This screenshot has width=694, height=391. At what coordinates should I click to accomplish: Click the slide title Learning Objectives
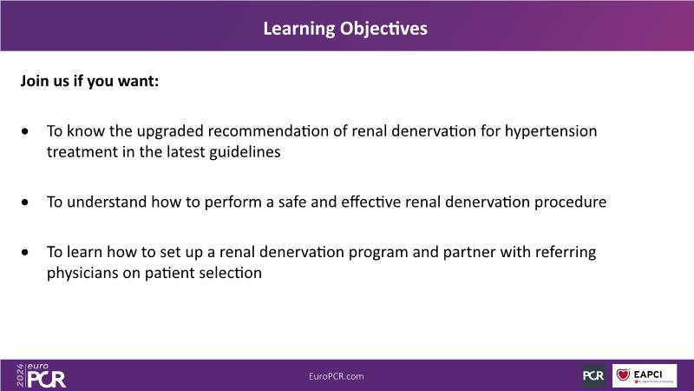pyautogui.click(x=345, y=29)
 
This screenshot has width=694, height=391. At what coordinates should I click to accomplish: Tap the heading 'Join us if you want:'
pyautogui.click(x=89, y=81)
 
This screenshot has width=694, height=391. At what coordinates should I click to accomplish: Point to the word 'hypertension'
pyautogui.click(x=551, y=132)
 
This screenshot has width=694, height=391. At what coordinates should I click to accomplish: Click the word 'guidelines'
pyautogui.click(x=245, y=152)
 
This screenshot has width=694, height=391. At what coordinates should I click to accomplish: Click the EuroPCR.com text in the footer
pyautogui.click(x=337, y=376)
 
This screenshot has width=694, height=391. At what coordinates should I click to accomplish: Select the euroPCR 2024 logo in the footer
pyautogui.click(x=41, y=376)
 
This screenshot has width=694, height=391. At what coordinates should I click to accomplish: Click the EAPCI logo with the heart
pyautogui.click(x=645, y=375)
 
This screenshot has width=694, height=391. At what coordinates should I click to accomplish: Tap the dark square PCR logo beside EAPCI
pyautogui.click(x=593, y=376)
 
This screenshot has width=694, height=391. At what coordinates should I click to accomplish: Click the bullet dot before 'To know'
pyautogui.click(x=25, y=131)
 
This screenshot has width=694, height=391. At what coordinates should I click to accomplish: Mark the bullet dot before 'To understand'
pyautogui.click(x=25, y=202)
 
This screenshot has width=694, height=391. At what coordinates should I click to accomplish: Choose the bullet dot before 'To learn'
pyautogui.click(x=25, y=252)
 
